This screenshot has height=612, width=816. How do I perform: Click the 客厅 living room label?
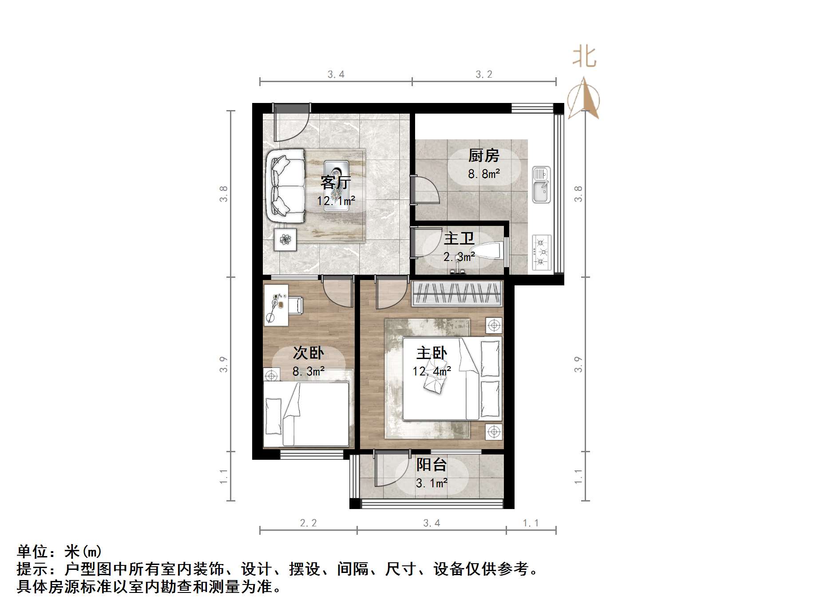tap(336, 182)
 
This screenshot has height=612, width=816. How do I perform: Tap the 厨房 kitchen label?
tap(483, 155)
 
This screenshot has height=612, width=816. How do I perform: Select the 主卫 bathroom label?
tap(459, 238)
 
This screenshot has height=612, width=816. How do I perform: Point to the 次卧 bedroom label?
tap(308, 353)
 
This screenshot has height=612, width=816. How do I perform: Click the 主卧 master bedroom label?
tap(432, 353)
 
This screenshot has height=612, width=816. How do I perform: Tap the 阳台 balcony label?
tap(431, 465)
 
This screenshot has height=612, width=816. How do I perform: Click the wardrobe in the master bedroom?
tap(457, 294)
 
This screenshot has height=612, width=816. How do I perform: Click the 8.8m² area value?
tap(483, 174)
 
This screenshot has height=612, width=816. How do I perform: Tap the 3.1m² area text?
tap(431, 483)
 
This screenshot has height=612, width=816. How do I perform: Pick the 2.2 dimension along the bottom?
tap(308, 523)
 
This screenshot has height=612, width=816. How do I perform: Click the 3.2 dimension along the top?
tap(484, 75)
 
